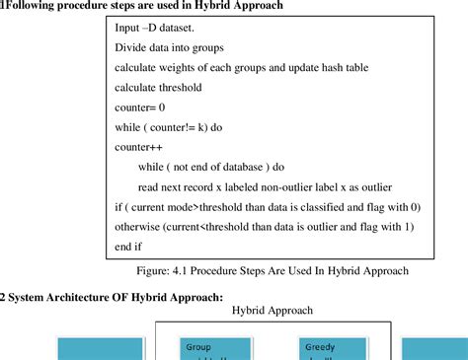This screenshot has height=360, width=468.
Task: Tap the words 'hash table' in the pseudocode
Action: point(358,66)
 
